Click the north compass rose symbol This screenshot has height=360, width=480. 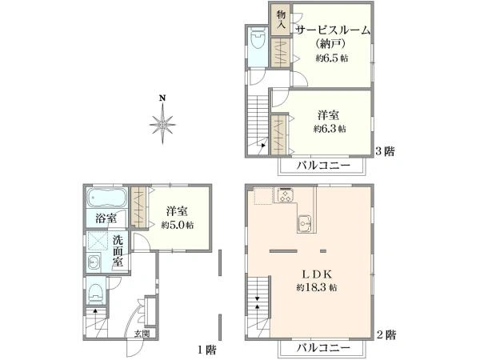click(162, 123)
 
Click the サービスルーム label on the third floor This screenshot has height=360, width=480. click(333, 30)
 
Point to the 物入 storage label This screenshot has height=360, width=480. click(282, 18)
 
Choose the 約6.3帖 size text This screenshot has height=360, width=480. click(330, 129)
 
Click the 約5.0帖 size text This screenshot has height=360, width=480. click(177, 225)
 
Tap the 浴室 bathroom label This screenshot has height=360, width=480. click(106, 218)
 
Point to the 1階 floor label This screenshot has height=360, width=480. click(207, 349)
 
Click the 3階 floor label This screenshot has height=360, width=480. click(385, 150)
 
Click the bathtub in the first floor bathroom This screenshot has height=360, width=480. click(106, 198)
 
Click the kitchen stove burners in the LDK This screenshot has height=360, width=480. click(286, 194)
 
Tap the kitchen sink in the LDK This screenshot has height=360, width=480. click(305, 222)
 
